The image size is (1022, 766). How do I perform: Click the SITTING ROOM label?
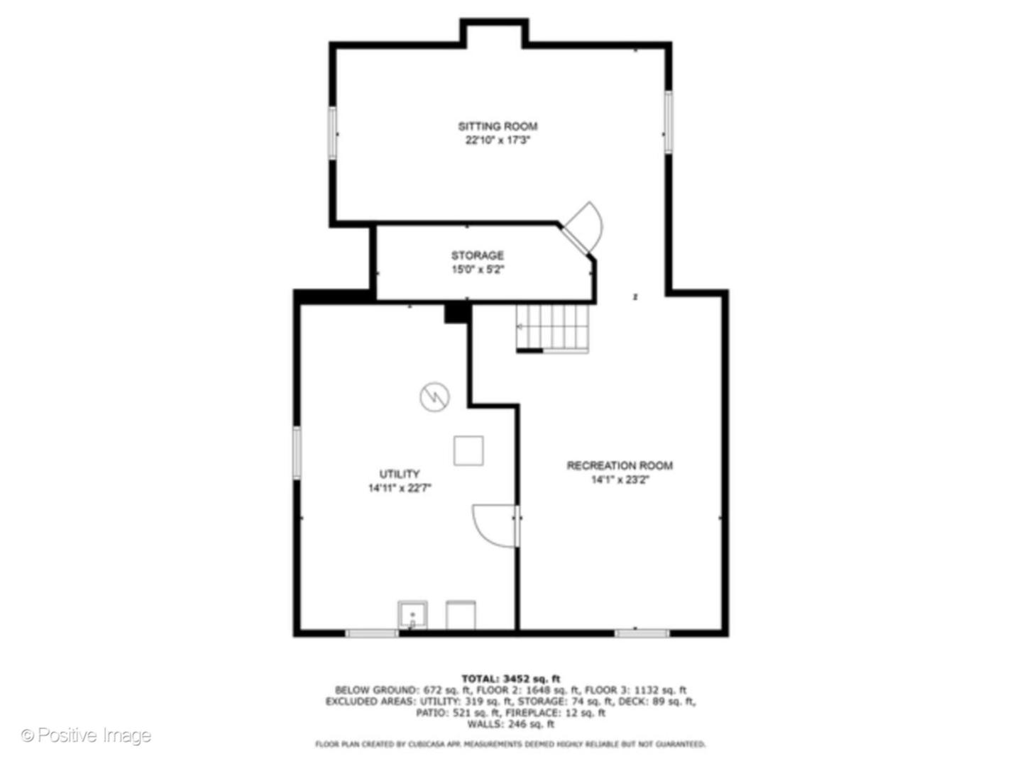(498, 126)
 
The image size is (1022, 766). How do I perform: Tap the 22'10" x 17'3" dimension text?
(498, 140)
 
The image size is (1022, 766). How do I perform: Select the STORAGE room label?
(478, 255)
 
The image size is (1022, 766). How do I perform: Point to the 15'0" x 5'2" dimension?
(478, 270)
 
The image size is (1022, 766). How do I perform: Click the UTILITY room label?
(400, 474)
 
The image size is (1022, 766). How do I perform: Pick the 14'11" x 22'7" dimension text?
(400, 488)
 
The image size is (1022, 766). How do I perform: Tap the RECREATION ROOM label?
(620, 465)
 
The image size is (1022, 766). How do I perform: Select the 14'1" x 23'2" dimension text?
(620, 480)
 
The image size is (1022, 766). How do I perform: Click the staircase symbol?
(552, 328)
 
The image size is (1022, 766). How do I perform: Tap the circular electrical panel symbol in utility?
(434, 396)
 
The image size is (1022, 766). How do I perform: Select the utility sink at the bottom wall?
(412, 614)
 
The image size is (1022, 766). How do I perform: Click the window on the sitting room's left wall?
(332, 133)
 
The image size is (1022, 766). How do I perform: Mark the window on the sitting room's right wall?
(668, 121)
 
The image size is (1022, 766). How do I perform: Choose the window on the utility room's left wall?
(297, 452)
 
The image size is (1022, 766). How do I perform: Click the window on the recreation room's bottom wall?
(642, 632)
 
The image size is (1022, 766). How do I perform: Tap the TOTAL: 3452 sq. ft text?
(510, 679)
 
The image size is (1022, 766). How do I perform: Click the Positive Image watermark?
(86, 736)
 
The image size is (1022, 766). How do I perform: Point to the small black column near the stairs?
(457, 313)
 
